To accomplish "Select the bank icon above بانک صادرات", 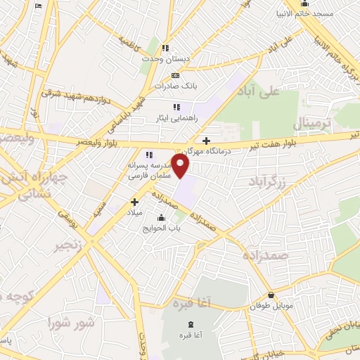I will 175,75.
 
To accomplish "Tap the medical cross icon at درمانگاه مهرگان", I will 206,141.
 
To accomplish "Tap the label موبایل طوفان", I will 271,307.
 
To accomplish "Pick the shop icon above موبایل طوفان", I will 271,296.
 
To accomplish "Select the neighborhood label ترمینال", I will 310,122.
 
